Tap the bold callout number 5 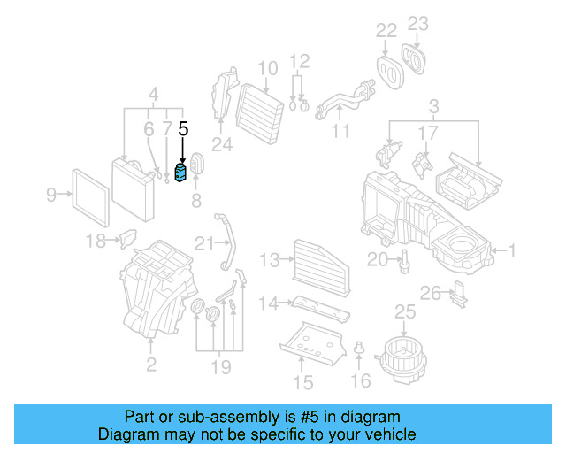tap(183, 129)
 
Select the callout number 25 tap(404, 311)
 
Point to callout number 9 tap(51, 194)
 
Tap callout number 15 tap(303, 382)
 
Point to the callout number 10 tap(268, 68)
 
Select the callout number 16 tap(360, 381)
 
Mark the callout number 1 tap(509, 252)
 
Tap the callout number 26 tap(430, 293)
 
